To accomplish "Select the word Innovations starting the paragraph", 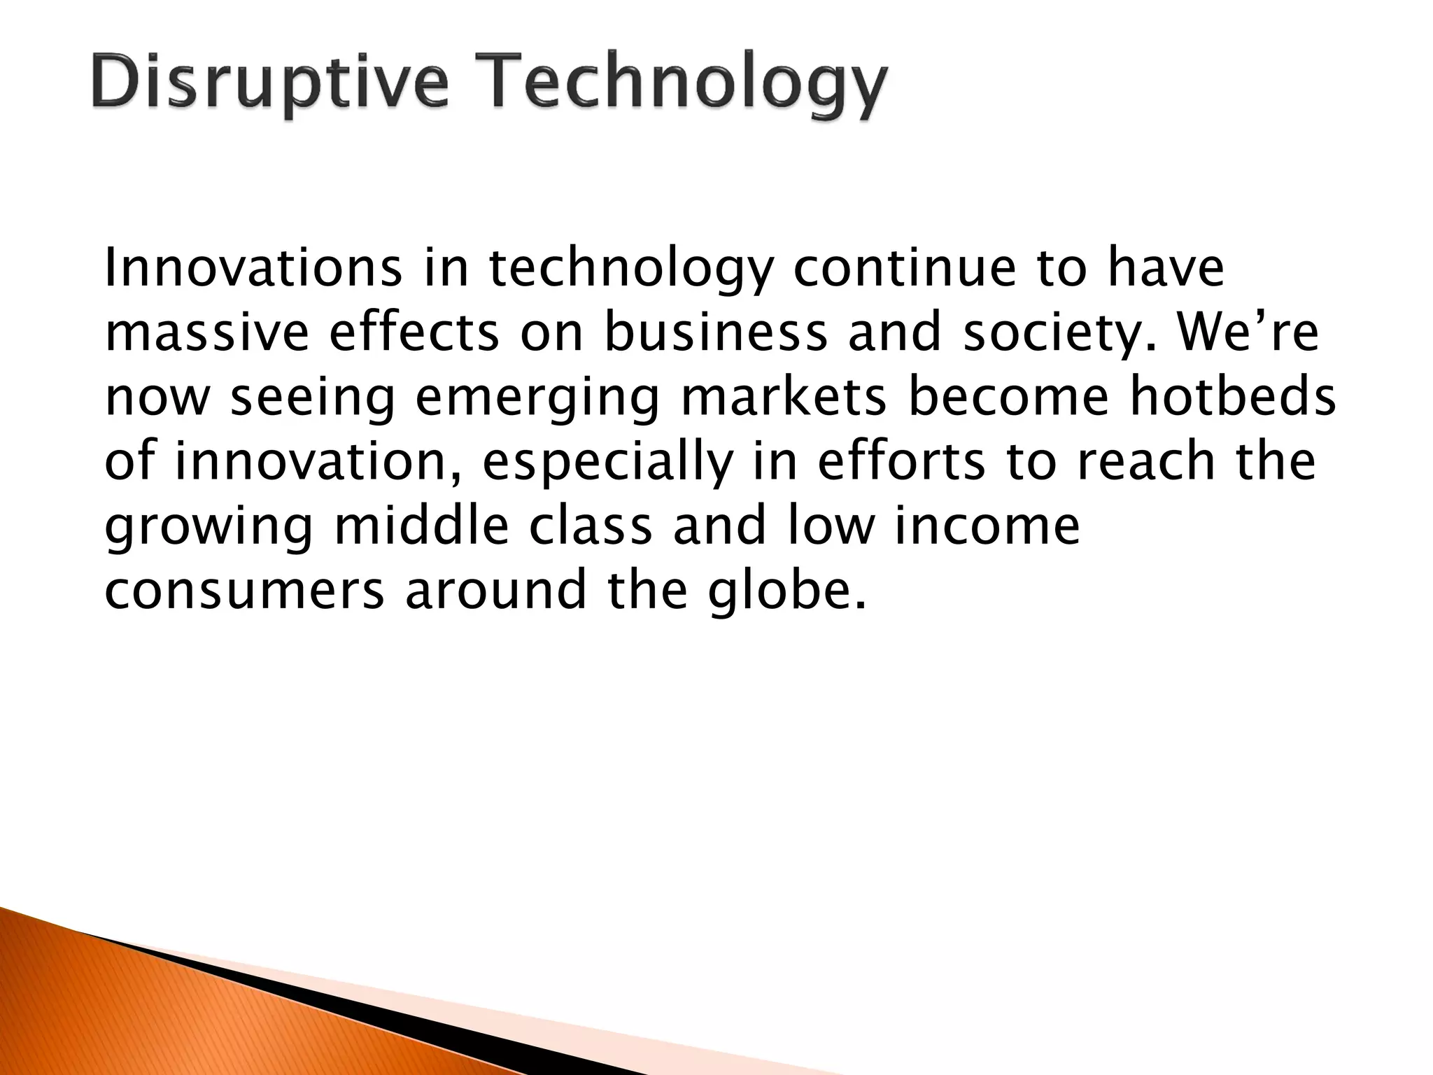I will point(253,269).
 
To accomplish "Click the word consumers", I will point(244,591).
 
